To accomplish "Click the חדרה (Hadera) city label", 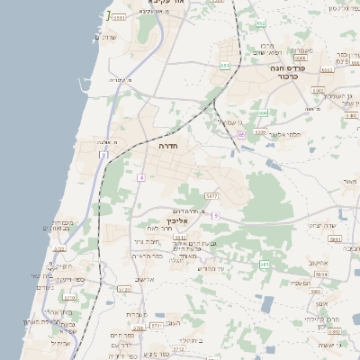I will click(x=167, y=144).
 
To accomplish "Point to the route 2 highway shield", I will click(x=103, y=156).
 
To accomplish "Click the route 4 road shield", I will click(x=140, y=177).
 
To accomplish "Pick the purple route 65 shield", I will click(x=240, y=134).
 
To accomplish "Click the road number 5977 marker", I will click(x=211, y=195).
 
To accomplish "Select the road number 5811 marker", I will click(x=335, y=239).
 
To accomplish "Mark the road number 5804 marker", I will click(x=320, y=274).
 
